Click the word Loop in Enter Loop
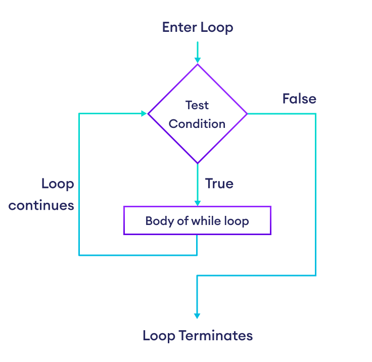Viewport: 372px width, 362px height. (x=216, y=28)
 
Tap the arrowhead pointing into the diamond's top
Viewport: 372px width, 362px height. (x=197, y=60)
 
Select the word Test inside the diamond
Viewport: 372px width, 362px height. (x=197, y=105)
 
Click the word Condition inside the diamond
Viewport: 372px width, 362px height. (x=197, y=124)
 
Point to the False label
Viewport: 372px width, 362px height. (x=299, y=99)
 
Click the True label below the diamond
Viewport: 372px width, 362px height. (x=219, y=184)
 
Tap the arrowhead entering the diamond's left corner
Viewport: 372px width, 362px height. (x=144, y=114)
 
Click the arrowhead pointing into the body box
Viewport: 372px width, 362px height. (x=197, y=202)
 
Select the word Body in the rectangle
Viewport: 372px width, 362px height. (x=156, y=221)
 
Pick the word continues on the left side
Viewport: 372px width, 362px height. (x=41, y=206)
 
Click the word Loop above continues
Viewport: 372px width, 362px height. (x=58, y=184)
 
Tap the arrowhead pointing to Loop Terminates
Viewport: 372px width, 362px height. (x=197, y=315)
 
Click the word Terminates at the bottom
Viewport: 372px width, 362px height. (x=216, y=336)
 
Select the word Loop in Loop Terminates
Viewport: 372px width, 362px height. (x=159, y=336)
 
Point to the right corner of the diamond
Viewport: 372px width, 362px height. (x=247, y=114)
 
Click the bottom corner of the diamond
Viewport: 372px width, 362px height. (x=197, y=163)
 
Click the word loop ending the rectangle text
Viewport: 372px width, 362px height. (x=238, y=221)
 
